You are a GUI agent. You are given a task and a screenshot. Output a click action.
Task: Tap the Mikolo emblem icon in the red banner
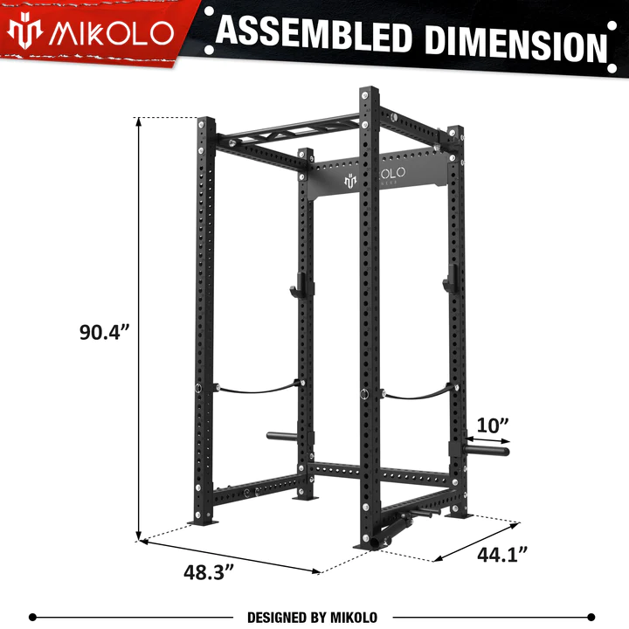pyautogui.click(x=25, y=32)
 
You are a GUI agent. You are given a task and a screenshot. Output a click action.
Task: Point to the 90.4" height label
pyautogui.click(x=105, y=332)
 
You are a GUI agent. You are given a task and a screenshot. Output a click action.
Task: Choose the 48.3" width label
pyautogui.click(x=211, y=574)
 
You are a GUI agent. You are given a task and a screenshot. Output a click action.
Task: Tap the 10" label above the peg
pyautogui.click(x=493, y=425)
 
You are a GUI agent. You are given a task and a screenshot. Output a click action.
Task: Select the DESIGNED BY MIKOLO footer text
pyautogui.click(x=312, y=617)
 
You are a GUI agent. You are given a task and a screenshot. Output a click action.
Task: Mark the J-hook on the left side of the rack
pyautogui.click(x=294, y=283)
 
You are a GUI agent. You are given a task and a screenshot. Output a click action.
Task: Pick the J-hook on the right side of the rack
pyautogui.click(x=449, y=281)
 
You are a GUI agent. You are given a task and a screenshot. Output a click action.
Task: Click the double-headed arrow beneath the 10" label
pyautogui.click(x=489, y=443)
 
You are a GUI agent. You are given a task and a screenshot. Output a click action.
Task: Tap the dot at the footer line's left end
pyautogui.click(x=32, y=617)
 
